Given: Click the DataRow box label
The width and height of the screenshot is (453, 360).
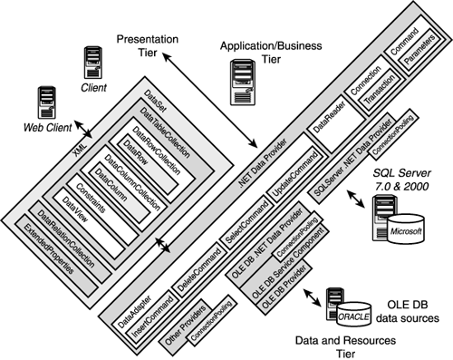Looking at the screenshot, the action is (136, 152).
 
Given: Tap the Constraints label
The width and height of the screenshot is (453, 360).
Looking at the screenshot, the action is (91, 198).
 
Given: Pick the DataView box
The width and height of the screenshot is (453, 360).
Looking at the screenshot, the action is (89, 223).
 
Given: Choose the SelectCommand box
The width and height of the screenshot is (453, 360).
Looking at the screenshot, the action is (247, 222).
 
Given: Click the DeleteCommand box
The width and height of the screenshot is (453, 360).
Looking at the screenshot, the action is (199, 269).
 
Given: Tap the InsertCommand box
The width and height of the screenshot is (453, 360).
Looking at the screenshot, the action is (153, 316).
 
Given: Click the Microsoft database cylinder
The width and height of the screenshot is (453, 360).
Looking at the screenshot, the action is (406, 229).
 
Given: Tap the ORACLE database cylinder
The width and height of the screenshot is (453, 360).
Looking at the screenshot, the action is (354, 315).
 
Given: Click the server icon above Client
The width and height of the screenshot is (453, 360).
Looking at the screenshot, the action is (92, 63).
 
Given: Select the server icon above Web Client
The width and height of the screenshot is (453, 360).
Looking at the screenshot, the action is (47, 102).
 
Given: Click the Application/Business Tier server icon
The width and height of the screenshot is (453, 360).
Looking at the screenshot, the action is (243, 83).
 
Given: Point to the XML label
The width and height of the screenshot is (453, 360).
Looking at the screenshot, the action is (81, 150).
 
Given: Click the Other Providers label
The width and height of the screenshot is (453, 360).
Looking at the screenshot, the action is (186, 325).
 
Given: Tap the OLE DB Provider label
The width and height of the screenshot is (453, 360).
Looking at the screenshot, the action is (283, 287).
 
